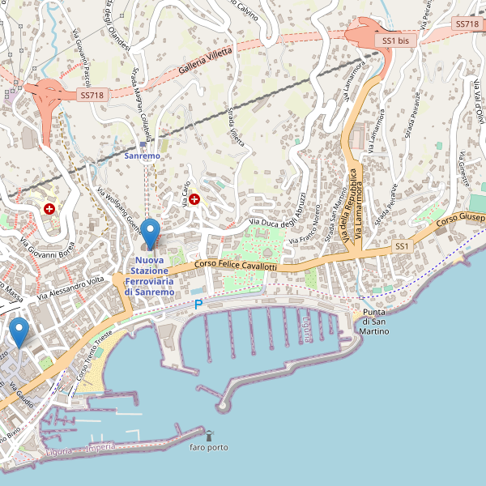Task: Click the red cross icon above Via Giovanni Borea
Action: coord(50,209)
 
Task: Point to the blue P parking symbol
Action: coord(198,305)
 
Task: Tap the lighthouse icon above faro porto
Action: coord(209,436)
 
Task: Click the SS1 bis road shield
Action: coord(396,40)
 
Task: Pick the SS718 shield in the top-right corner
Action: coord(467,24)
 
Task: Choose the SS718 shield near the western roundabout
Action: coord(92,95)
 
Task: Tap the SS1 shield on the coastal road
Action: coord(403,245)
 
